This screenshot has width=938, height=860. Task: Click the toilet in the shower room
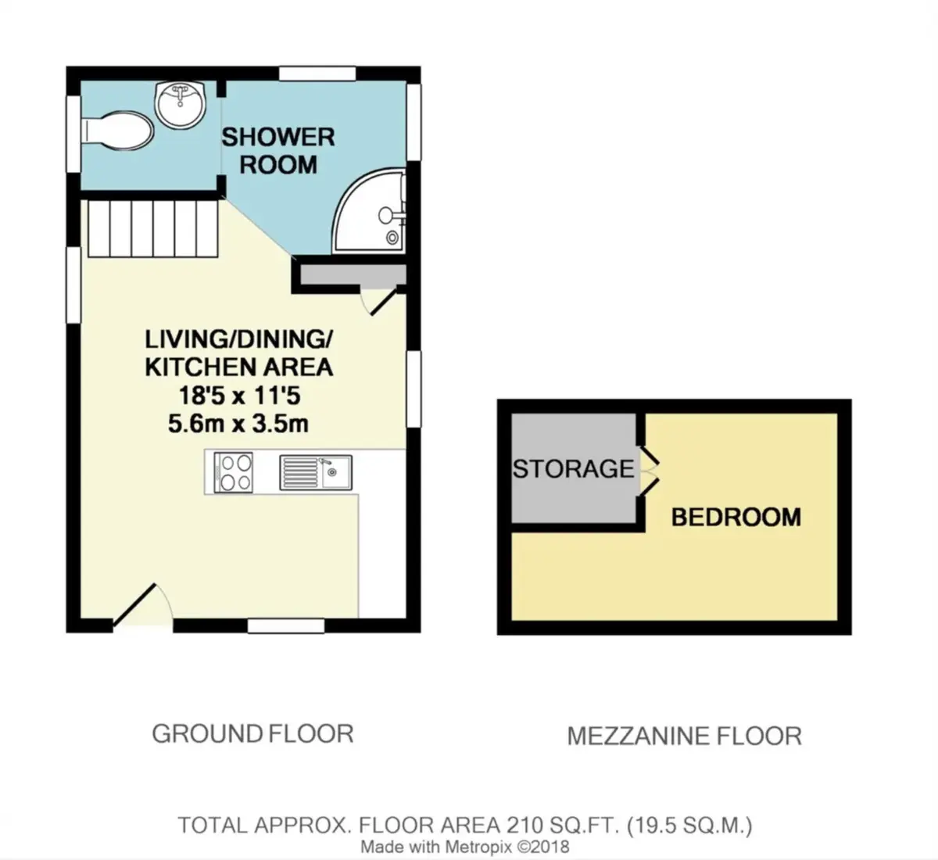[x=117, y=131]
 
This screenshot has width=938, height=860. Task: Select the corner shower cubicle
[x=370, y=210]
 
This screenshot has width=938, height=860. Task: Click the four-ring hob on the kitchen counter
[x=234, y=472]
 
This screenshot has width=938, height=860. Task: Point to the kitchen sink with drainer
[x=316, y=472]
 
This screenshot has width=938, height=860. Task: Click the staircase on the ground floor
[x=153, y=229]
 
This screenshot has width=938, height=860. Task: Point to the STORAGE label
[x=573, y=469]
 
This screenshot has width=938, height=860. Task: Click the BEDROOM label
[x=736, y=518]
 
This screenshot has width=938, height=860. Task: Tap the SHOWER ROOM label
[x=278, y=151]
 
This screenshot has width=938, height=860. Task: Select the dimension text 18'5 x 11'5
[x=239, y=396]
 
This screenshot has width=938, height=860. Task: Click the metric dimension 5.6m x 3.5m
[x=238, y=425]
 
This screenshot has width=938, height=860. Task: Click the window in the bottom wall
[x=286, y=626]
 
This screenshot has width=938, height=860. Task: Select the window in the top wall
[x=317, y=73]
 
